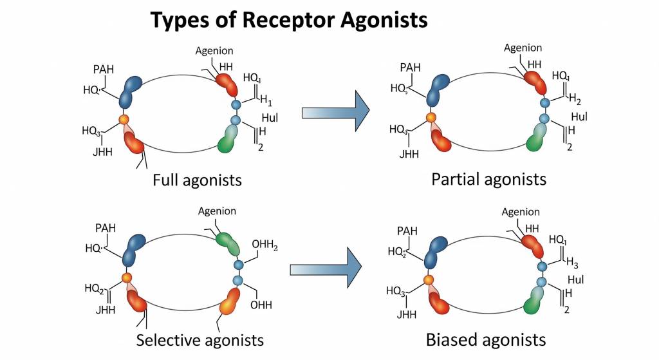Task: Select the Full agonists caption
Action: [197, 180]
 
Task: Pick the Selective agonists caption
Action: [200, 339]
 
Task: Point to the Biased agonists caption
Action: [486, 339]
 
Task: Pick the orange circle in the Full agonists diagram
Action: [124, 119]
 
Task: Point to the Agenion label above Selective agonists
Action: [217, 211]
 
